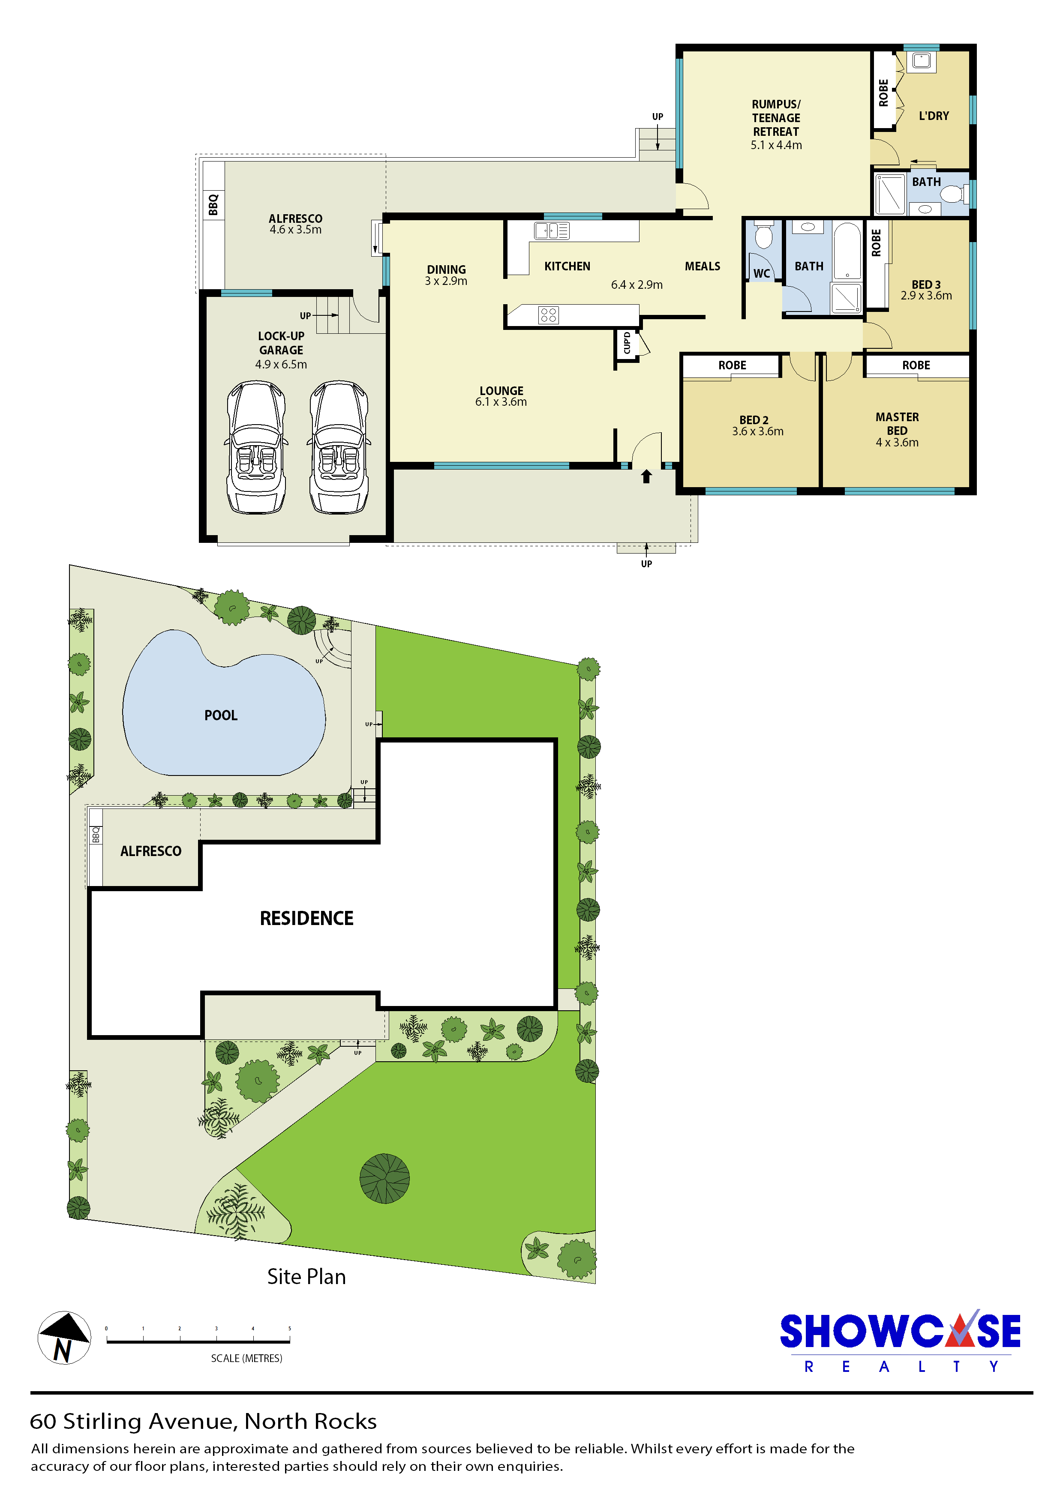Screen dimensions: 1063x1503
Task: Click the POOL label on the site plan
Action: click(221, 716)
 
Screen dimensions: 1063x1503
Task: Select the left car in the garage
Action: click(257, 447)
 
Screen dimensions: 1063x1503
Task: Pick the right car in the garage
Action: click(339, 447)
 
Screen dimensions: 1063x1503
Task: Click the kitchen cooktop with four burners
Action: click(548, 315)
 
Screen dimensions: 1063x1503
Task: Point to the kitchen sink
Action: click(552, 231)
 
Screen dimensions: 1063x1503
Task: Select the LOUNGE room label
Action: click(501, 391)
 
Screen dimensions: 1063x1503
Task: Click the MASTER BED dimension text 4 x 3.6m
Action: click(897, 443)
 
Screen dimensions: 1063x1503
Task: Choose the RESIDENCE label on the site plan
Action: click(306, 919)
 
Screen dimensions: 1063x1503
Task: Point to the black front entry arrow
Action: click(646, 476)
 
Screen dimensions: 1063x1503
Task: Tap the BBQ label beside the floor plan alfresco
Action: click(213, 205)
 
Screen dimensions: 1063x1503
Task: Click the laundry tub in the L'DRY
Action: click(922, 61)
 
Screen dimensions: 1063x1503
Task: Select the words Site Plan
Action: click(306, 1277)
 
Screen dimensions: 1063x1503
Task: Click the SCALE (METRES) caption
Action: click(246, 1358)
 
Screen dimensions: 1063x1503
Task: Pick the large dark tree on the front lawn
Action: click(384, 1178)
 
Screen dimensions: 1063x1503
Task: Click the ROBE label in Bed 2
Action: click(732, 365)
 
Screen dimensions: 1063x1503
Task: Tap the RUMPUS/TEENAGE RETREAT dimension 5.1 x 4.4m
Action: click(776, 145)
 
